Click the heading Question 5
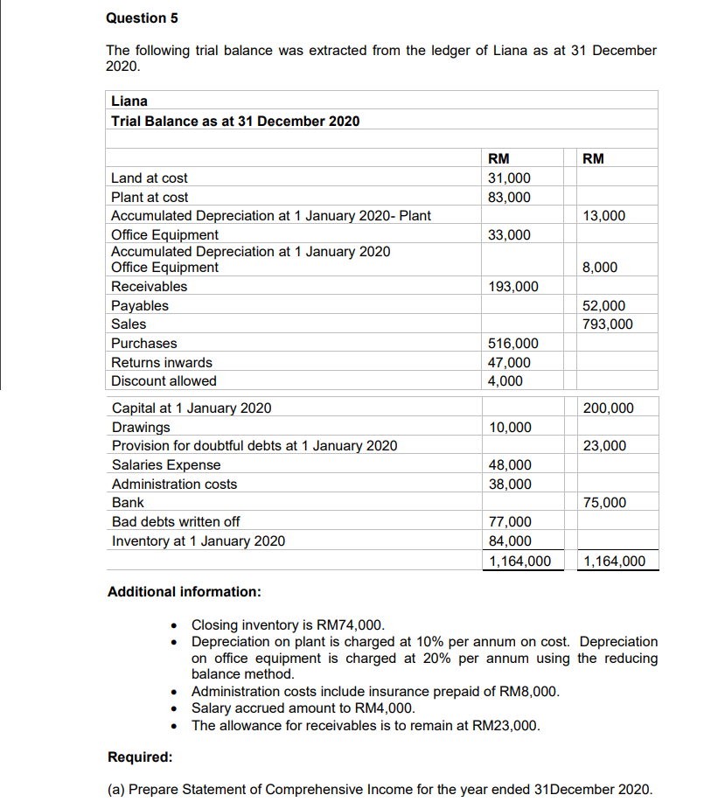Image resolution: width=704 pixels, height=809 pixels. (136, 17)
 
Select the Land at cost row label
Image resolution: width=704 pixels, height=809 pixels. (149, 178)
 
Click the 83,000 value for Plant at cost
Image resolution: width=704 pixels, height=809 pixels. (508, 198)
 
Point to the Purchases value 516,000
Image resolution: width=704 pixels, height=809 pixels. (512, 344)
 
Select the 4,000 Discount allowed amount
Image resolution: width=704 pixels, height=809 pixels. (505, 381)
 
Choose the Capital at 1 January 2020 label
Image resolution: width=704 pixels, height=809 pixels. (192, 408)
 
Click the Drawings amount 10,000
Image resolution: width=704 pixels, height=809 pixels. (509, 428)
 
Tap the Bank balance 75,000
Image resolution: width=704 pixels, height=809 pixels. (604, 503)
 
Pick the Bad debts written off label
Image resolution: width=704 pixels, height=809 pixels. (176, 522)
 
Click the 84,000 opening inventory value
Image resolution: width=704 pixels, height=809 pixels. (509, 541)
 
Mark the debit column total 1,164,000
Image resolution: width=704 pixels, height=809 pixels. (519, 561)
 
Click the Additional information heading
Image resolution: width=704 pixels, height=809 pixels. (184, 592)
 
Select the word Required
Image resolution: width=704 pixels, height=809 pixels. (139, 757)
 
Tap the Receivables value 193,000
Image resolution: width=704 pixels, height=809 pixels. (512, 287)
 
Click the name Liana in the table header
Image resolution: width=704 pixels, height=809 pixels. (129, 101)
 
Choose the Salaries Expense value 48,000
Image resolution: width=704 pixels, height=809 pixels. (509, 465)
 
